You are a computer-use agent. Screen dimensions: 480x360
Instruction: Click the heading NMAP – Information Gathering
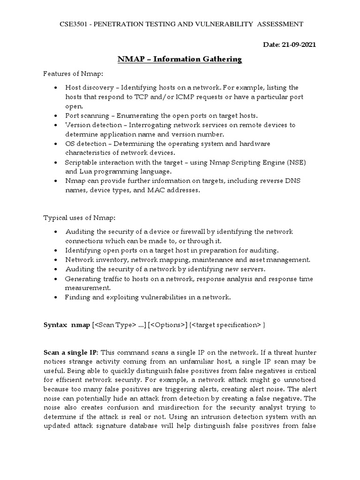[179, 59]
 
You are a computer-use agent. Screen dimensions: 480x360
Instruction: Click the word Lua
[86, 171]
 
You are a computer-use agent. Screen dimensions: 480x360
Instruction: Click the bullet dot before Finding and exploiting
[56, 297]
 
